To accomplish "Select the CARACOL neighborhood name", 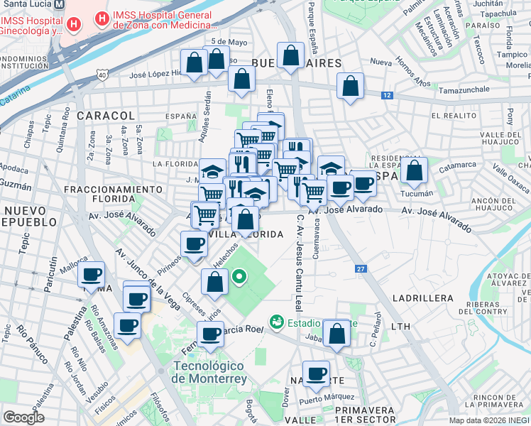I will pyautogui.click(x=106, y=115).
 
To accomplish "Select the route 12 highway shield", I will pyautogui.click(x=386, y=94).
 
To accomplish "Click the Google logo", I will pyautogui.click(x=24, y=417).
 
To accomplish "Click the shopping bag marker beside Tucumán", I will pyautogui.click(x=414, y=170).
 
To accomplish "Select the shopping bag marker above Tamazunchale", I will pyautogui.click(x=350, y=87).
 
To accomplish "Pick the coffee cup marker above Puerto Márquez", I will pyautogui.click(x=317, y=373).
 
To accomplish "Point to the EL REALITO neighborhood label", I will pyautogui.click(x=454, y=115).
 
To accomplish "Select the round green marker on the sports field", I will pyautogui.click(x=240, y=277).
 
